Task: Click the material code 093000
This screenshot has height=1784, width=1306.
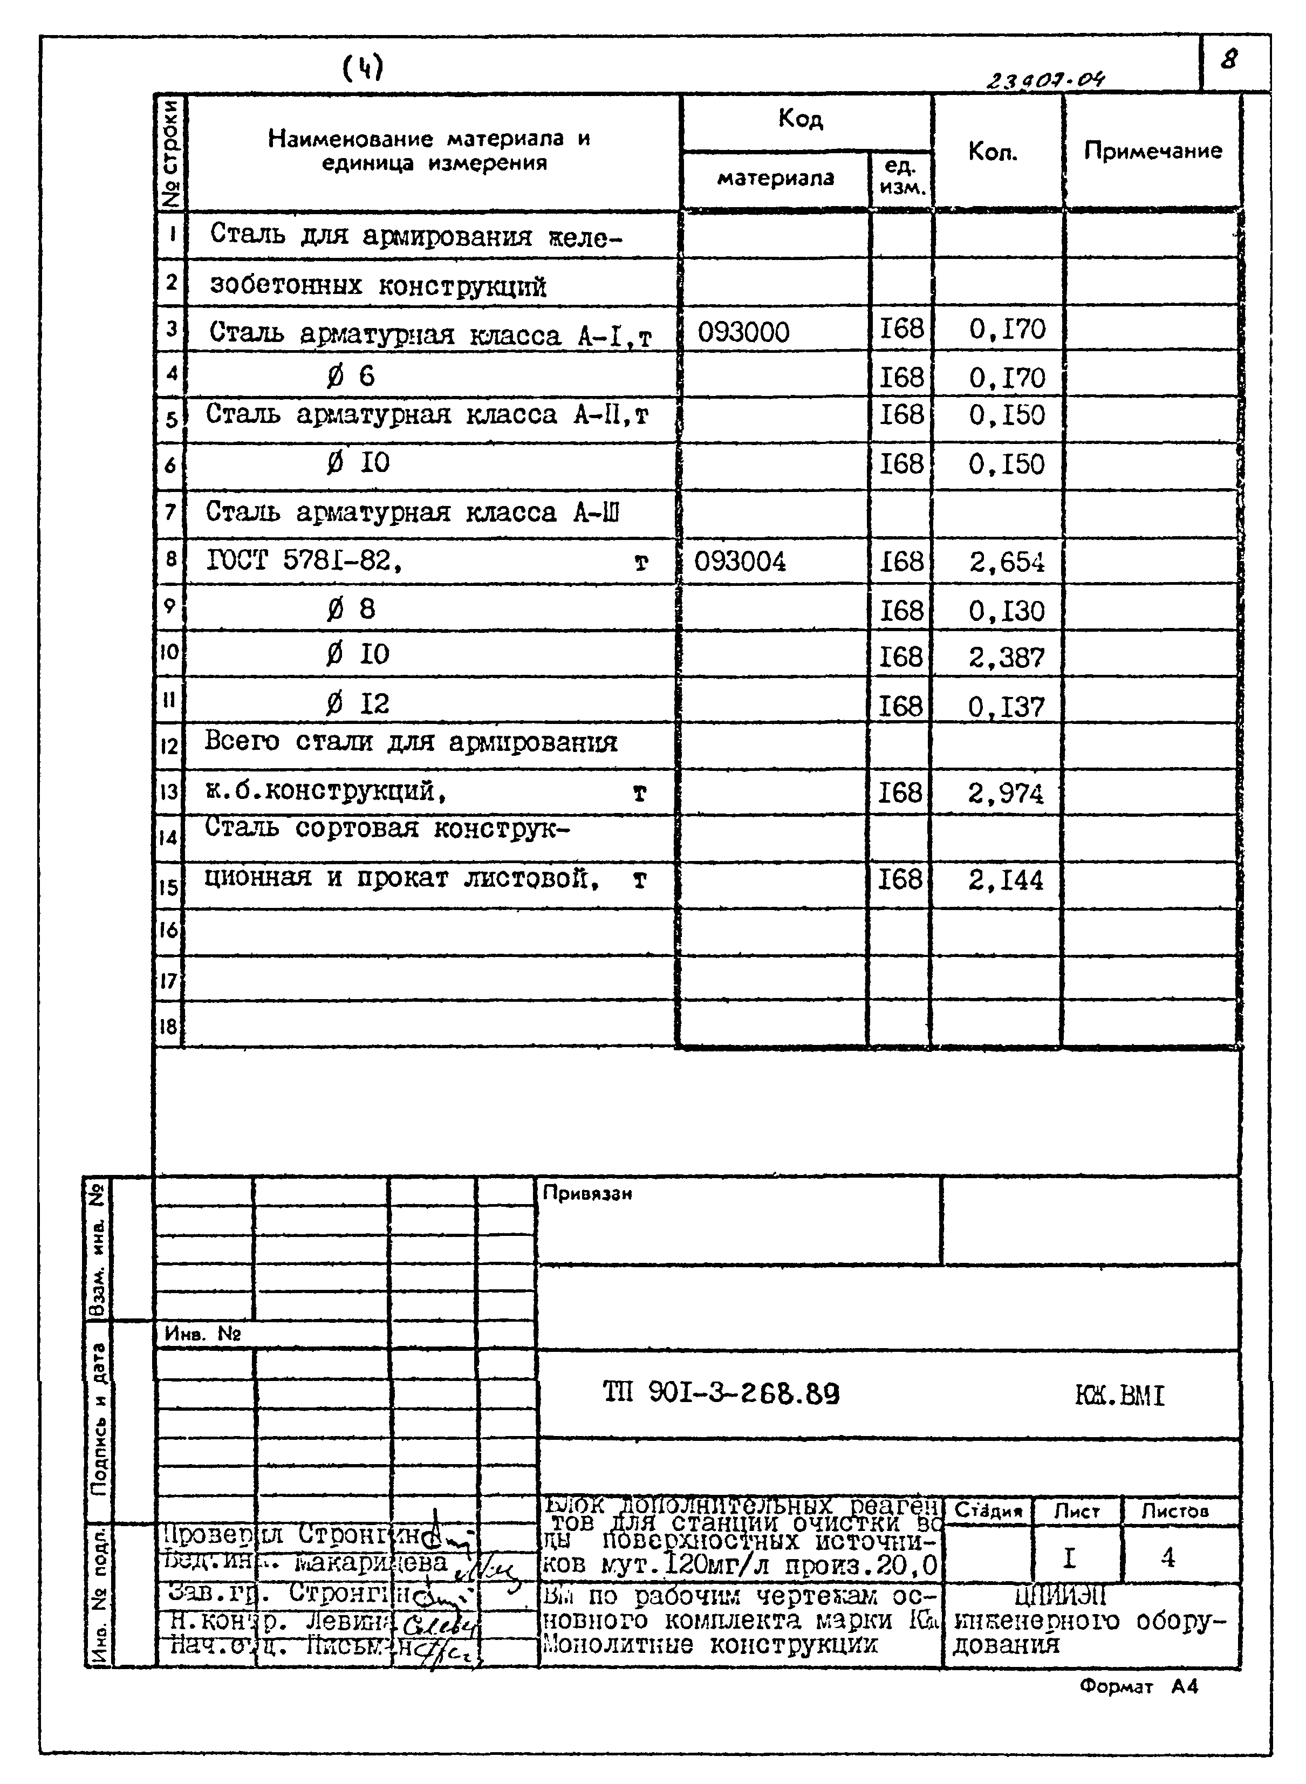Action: (x=743, y=332)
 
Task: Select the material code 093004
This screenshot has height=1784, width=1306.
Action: (x=740, y=562)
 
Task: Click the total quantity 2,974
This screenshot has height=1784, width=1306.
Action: (x=1006, y=793)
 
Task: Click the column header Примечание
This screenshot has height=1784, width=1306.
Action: (x=1152, y=150)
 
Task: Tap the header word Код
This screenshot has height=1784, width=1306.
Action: (x=800, y=119)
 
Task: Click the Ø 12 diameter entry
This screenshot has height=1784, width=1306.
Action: (x=357, y=703)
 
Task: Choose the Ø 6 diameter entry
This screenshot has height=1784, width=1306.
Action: (x=350, y=375)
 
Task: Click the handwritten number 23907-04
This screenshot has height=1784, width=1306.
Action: (x=1044, y=80)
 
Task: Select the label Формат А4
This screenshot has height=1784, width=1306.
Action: (x=1138, y=1686)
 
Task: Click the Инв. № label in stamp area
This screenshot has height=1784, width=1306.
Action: (x=202, y=1334)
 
